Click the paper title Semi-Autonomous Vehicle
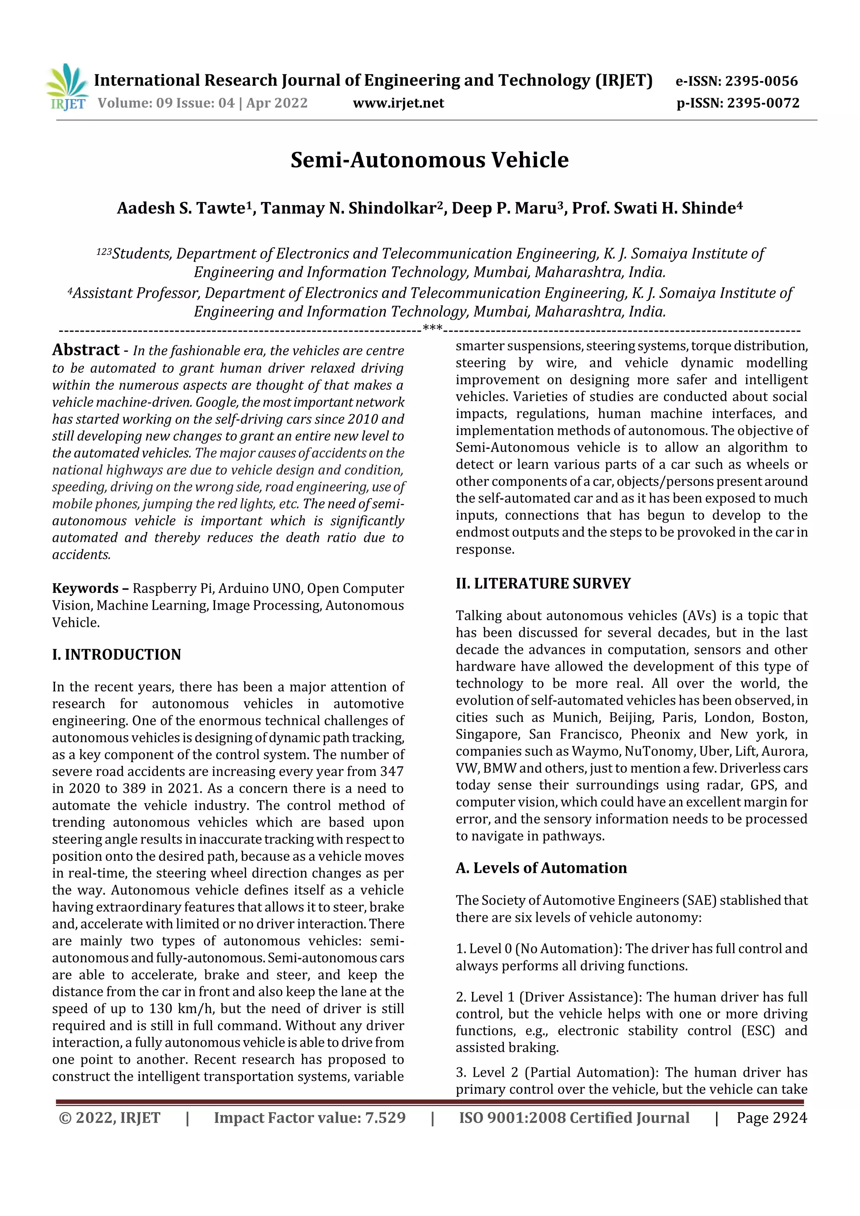(430, 160)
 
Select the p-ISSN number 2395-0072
(763, 103)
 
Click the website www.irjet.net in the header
(398, 103)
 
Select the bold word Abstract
(86, 350)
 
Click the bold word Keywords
(85, 588)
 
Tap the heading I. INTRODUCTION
(116, 655)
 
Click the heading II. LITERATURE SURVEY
(543, 584)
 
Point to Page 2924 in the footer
(771, 1118)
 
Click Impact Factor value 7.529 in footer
(310, 1118)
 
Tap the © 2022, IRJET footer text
(110, 1118)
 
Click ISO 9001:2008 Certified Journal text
(574, 1118)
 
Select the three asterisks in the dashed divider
(433, 328)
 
